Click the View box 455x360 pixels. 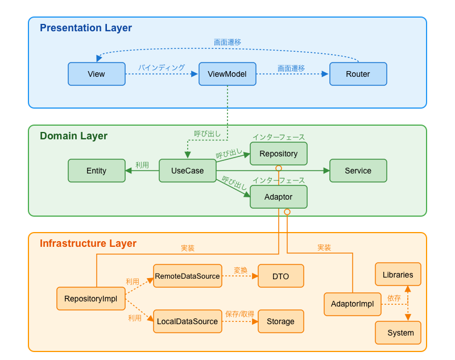coord(96,74)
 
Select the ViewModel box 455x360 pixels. coord(227,74)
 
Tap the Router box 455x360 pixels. coord(358,74)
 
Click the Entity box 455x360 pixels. coord(96,171)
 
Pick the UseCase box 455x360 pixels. coord(187,171)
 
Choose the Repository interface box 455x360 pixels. coord(278,154)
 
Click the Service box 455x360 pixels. coord(358,171)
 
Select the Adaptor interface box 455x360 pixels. coord(278,197)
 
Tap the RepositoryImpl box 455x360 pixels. coord(90,299)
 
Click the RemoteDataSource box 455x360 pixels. coord(187,276)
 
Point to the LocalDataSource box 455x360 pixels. coord(187,321)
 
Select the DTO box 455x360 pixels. coord(280,276)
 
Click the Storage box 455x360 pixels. coord(280,321)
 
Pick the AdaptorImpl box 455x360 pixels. coord(352,304)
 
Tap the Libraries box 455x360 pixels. coord(398,274)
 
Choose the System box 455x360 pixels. coord(398,333)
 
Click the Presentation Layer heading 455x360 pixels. coord(85,28)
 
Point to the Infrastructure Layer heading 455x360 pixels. coord(88,243)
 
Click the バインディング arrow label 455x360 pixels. coord(162,68)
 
